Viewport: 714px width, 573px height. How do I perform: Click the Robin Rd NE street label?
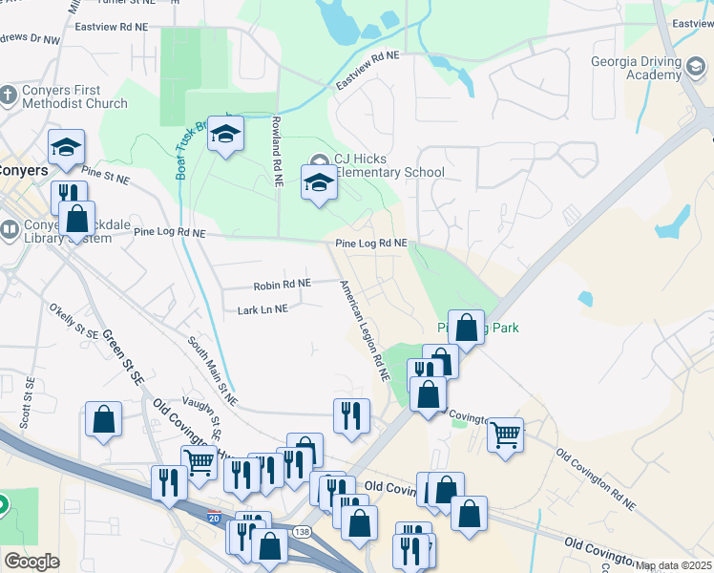[282, 285]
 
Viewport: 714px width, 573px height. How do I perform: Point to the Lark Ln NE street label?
[262, 309]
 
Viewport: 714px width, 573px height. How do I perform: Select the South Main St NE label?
[212, 370]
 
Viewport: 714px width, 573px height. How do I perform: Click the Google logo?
[31, 562]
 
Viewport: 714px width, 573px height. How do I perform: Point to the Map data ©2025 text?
[674, 565]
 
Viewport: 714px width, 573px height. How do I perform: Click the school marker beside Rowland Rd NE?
[226, 135]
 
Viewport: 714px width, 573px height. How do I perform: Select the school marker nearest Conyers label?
[66, 148]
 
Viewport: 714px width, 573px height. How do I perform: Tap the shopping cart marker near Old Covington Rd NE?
[505, 435]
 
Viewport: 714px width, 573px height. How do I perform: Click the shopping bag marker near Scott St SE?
[103, 419]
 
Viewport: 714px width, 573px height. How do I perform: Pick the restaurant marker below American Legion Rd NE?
[351, 415]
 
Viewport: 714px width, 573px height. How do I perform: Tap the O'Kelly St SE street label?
[74, 322]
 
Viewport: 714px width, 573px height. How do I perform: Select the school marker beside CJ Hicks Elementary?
[319, 184]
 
